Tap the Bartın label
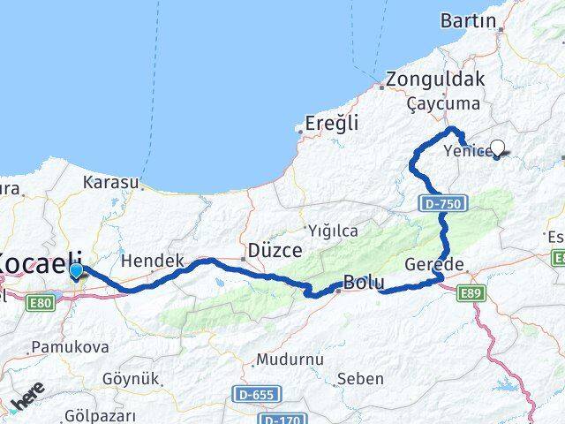pyautogui.click(x=472, y=20)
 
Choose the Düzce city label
pyautogui.click(x=275, y=250)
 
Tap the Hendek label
pyautogui.click(x=152, y=261)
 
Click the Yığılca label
pyautogui.click(x=332, y=231)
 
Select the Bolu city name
pyautogui.click(x=363, y=284)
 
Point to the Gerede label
pyautogui.click(x=434, y=265)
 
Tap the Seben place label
pyautogui.click(x=360, y=379)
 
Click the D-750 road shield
pyautogui.click(x=438, y=204)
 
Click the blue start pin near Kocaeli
pyautogui.click(x=76, y=272)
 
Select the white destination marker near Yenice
pyautogui.click(x=498, y=148)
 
